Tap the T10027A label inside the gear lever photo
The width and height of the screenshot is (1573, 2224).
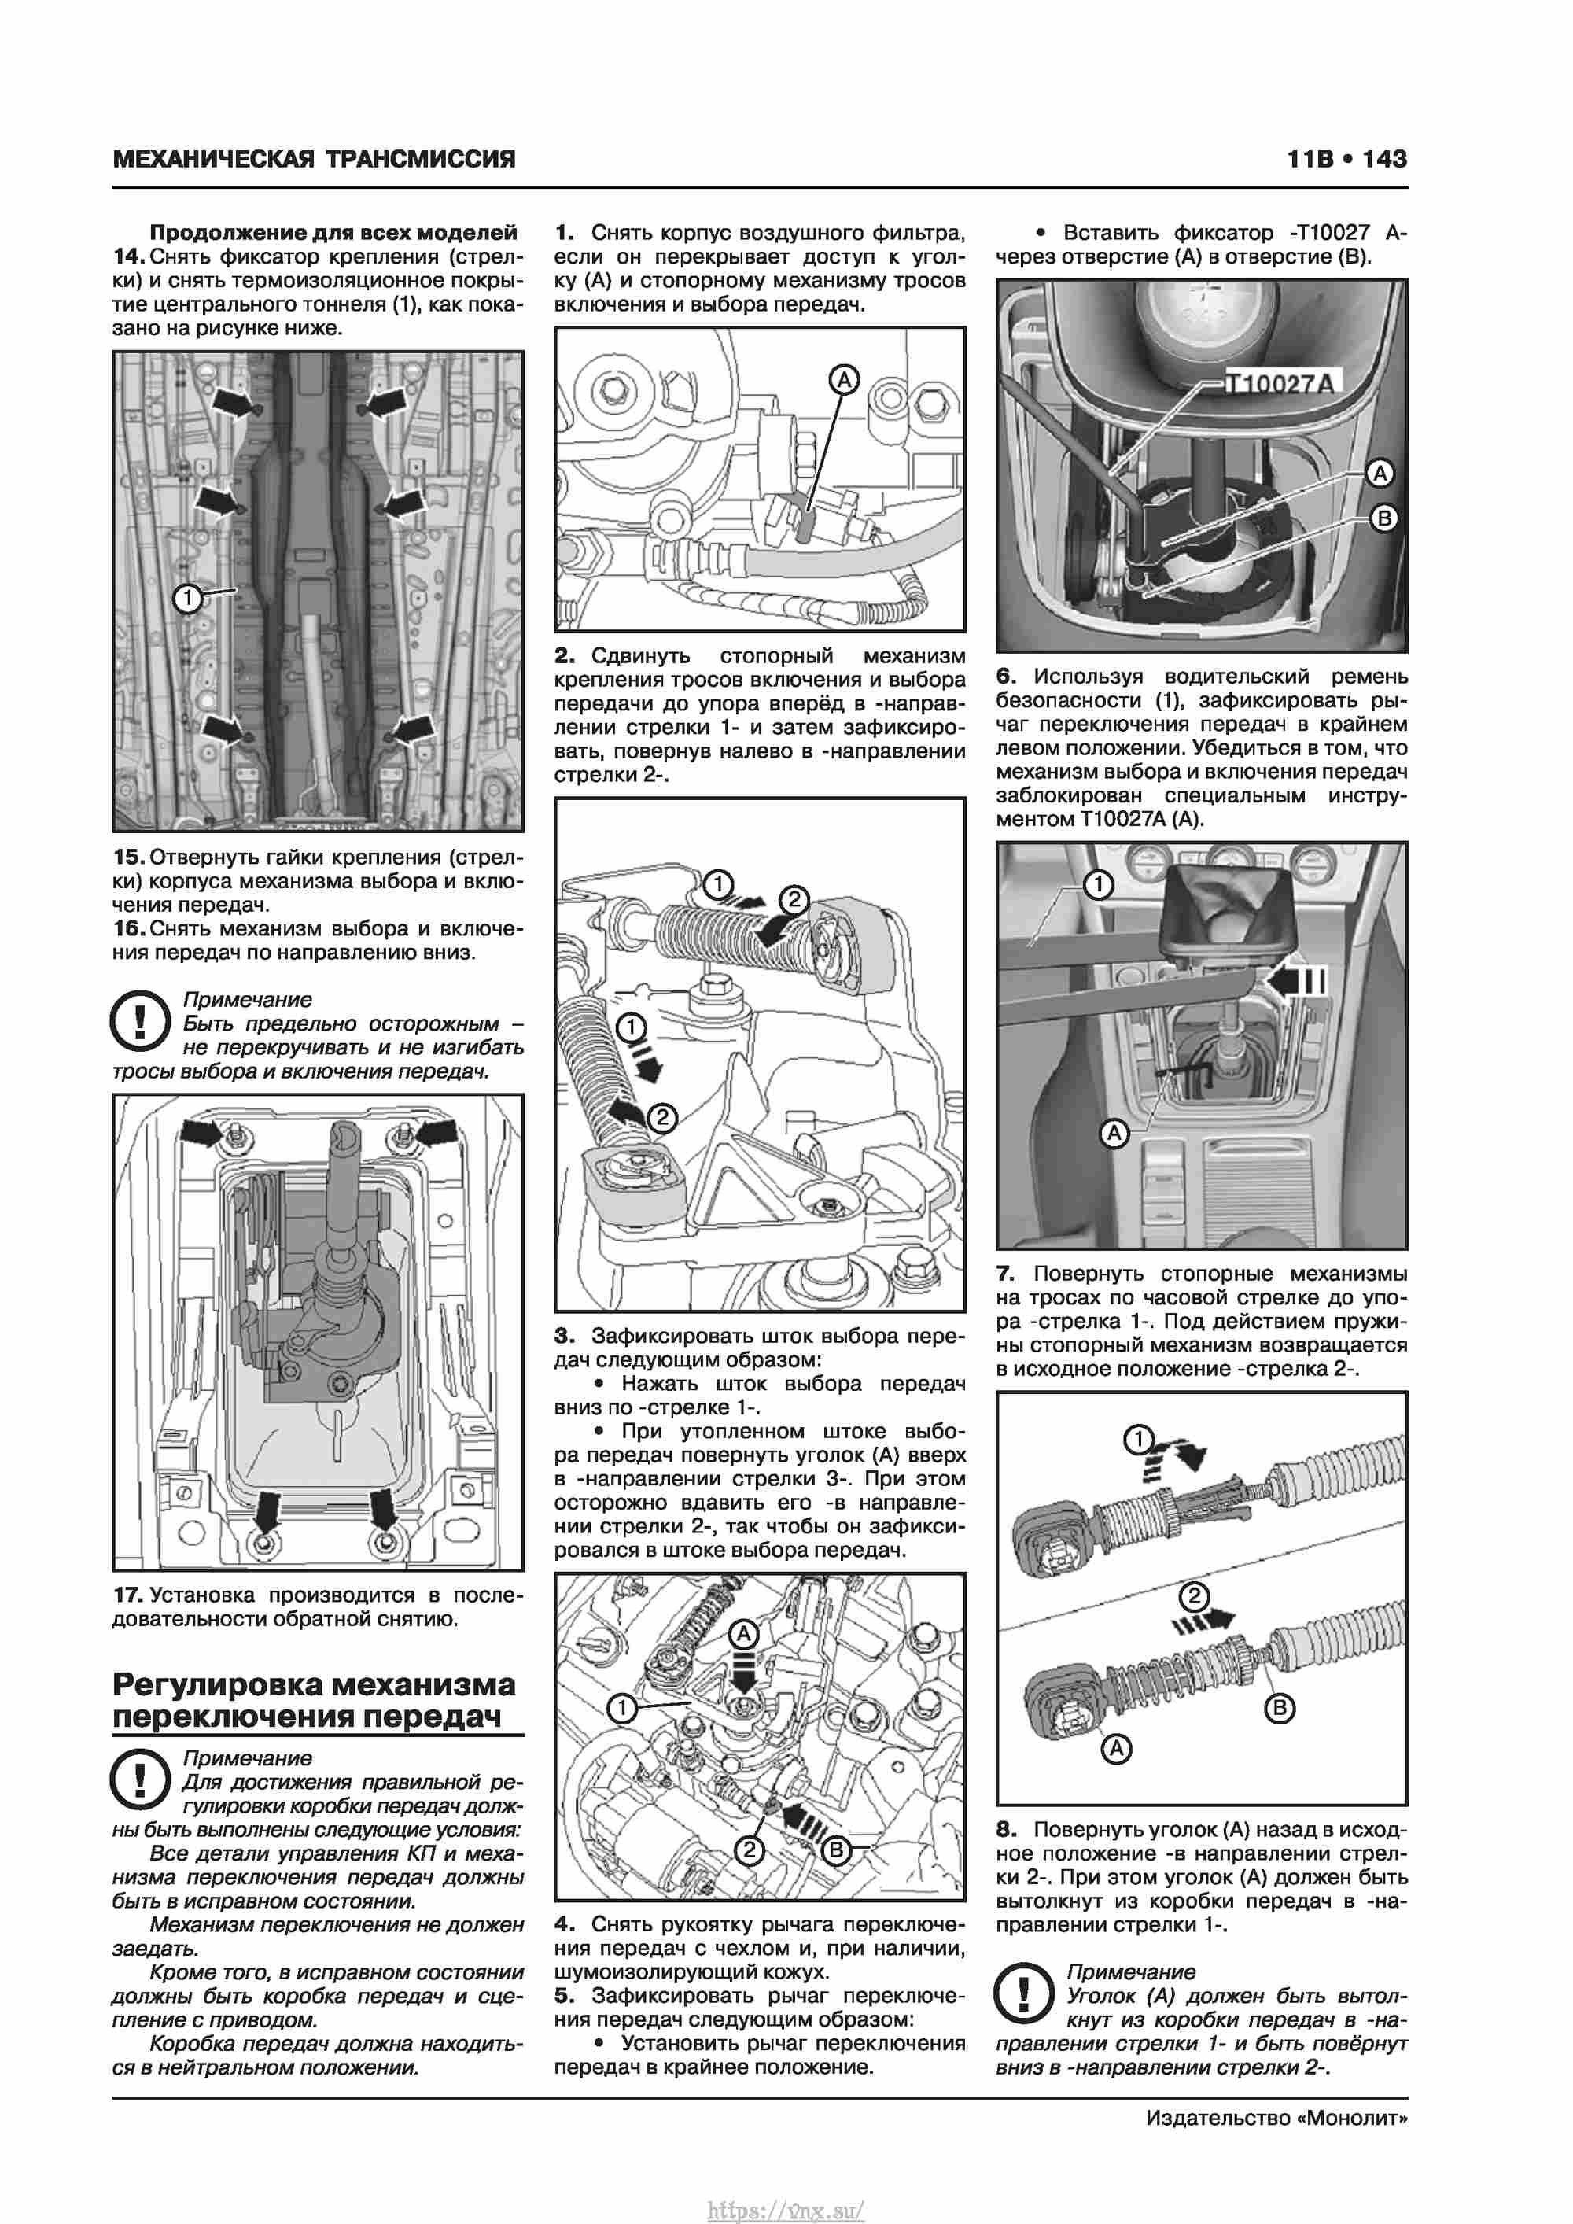(1280, 385)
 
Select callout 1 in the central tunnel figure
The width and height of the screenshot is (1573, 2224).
(187, 599)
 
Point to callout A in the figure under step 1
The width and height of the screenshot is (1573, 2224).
(845, 381)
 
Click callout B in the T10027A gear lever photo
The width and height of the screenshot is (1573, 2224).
(1384, 518)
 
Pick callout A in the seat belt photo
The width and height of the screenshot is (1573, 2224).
(1114, 1132)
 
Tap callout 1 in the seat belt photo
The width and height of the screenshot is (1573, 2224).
(1099, 884)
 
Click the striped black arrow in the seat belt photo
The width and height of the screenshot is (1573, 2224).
(1296, 981)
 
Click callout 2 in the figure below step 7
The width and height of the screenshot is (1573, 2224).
(1193, 1596)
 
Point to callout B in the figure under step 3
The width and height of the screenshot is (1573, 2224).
(835, 1851)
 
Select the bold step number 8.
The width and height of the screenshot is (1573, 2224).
(1007, 1830)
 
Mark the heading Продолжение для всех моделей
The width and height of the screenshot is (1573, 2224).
(333, 233)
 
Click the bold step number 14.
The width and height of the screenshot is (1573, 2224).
(129, 256)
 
